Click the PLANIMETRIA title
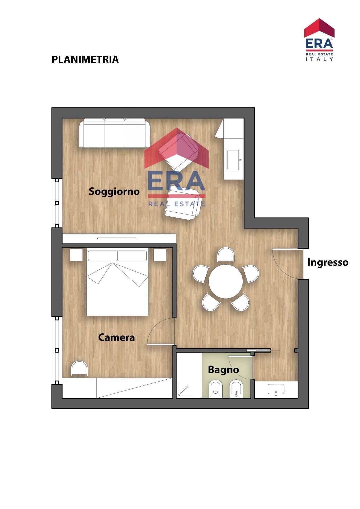[85, 60]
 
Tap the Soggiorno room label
[114, 191]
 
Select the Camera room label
[116, 337]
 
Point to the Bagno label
[223, 370]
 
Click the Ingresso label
[328, 262]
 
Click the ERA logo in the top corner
[319, 40]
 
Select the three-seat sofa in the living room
[114, 133]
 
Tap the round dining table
[225, 281]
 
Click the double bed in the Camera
[117, 282]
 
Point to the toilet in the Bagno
[215, 389]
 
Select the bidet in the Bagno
[236, 389]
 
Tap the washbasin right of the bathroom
[276, 389]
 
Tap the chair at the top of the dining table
[225, 255]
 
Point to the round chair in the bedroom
[80, 368]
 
